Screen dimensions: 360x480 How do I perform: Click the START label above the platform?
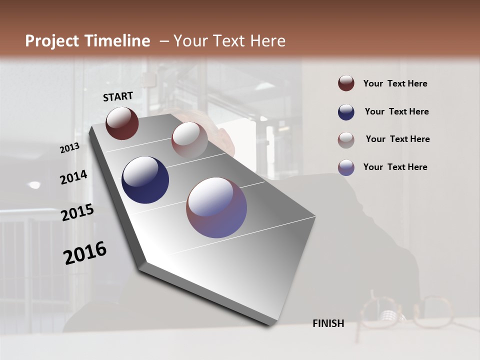coord(118,96)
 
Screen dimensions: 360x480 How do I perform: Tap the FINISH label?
coord(328,323)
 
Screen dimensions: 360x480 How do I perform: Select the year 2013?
coord(69,147)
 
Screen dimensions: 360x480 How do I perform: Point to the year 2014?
coord(73,177)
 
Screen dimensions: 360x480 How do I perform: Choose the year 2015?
coord(77,212)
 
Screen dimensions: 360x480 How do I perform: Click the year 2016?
coord(85,253)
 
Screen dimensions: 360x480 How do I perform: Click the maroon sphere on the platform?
coord(122,123)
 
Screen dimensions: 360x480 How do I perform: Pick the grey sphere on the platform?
coord(189,140)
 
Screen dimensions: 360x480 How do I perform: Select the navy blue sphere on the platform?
coord(145,180)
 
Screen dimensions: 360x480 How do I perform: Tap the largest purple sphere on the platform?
coord(216,207)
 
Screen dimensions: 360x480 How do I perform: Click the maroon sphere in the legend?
coord(346,83)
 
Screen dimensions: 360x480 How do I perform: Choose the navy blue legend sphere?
coord(346,112)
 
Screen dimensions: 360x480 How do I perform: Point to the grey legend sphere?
coord(346,140)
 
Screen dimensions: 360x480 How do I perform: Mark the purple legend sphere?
coord(346,167)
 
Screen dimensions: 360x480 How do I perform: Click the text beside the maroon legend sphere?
coord(395,83)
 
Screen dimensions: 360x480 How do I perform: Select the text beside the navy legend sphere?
coord(396,111)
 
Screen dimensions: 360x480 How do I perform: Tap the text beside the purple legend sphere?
coord(395,167)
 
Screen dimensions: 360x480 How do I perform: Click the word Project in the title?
coord(52,41)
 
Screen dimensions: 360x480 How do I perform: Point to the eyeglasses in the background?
coord(405,310)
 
